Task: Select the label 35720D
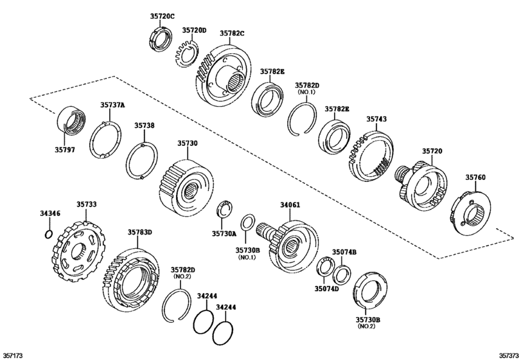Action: tap(194, 30)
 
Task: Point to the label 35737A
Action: tap(112, 105)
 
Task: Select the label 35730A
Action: tap(225, 235)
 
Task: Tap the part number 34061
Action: tap(290, 206)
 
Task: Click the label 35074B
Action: tap(344, 252)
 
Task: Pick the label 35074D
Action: tap(327, 289)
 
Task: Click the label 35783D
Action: tap(139, 231)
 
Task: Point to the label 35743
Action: tap(376, 119)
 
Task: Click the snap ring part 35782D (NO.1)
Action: tap(303, 119)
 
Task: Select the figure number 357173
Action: tap(13, 354)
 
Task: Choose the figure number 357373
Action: tap(507, 354)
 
